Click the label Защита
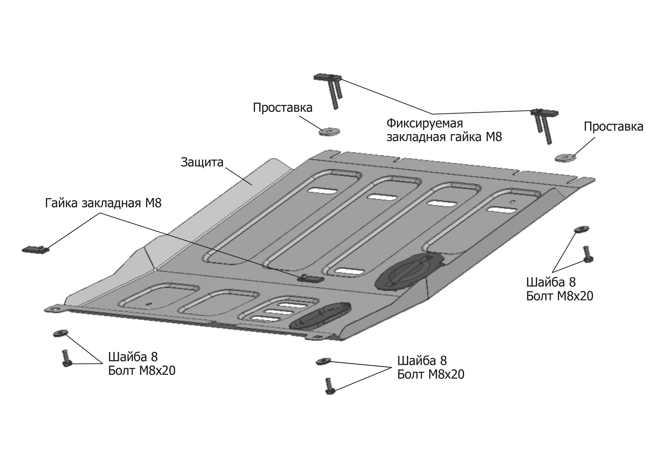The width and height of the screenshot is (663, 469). coord(202,162)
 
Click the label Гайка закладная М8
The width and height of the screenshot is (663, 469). coord(103,203)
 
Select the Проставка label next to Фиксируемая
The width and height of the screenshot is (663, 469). coord(282,107)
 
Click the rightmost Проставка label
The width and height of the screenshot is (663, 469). coord(613,127)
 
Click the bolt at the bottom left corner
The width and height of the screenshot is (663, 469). coord(66,358)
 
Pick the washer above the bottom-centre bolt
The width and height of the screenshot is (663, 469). coord(324,361)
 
